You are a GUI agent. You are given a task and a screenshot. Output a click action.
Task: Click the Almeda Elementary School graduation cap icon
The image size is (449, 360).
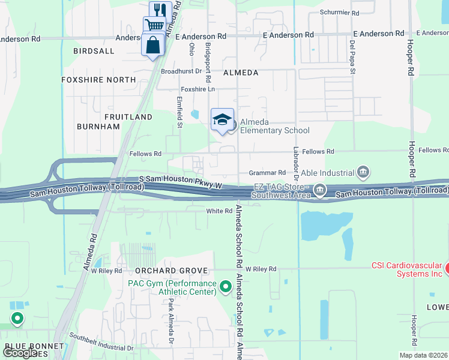click(x=222, y=119)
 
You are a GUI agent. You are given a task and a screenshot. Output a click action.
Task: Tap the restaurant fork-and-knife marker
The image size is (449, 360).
click(x=160, y=10)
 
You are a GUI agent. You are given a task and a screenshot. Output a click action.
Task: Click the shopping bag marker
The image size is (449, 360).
click(x=153, y=44)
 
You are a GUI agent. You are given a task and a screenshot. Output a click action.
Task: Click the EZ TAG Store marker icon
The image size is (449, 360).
click(x=320, y=190)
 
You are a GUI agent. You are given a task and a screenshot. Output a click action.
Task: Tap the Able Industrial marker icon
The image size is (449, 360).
click(x=363, y=173)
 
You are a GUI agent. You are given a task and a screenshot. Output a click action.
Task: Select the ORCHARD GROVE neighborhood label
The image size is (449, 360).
click(x=163, y=271)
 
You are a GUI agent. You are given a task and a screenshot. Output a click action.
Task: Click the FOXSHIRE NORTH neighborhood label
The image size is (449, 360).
click(x=98, y=80)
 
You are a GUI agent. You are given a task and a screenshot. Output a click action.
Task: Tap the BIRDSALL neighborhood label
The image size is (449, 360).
click(x=94, y=52)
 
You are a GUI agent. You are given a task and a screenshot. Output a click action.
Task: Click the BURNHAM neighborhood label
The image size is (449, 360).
click(x=98, y=127)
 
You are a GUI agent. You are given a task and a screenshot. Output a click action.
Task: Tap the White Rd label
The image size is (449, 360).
click(x=219, y=211)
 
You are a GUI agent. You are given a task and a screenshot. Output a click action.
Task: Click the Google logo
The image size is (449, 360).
click(x=20, y=353)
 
